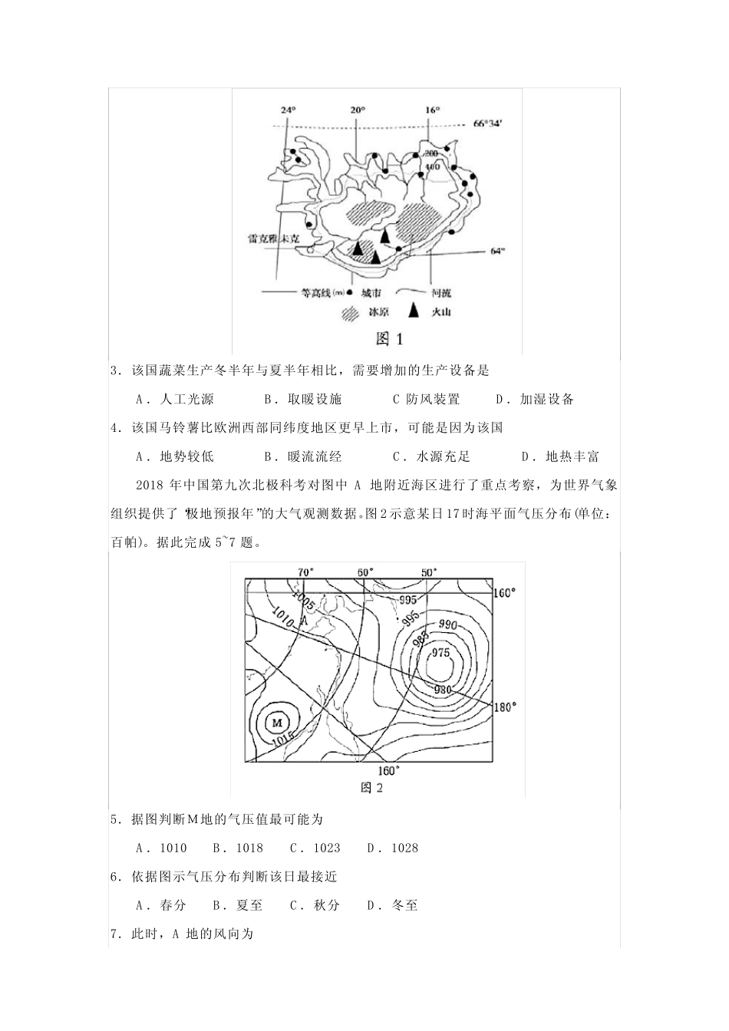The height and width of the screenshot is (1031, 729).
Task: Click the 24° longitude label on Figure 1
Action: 288,110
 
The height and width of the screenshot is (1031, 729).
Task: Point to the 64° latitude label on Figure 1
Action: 498,250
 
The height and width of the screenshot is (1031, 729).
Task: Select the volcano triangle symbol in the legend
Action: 413,311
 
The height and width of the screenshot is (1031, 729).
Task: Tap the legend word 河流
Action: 440,292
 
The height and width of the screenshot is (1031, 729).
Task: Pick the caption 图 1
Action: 389,338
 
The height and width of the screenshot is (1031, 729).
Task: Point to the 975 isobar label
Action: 440,653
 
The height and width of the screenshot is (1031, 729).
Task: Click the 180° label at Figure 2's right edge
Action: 505,707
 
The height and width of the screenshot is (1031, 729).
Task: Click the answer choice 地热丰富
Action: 572,456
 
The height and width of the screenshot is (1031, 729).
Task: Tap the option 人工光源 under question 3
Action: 186,399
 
